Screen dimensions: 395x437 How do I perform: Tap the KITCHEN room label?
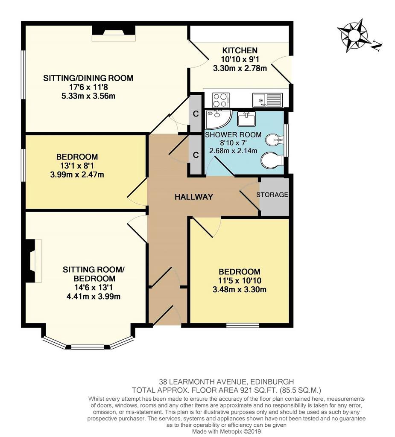pos(240,50)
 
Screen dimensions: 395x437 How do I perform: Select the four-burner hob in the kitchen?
pos(221,100)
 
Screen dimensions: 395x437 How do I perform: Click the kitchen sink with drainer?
pos(267,100)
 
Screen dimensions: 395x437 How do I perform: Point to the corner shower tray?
pos(217,119)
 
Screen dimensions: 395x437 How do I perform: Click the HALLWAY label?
pos(194,197)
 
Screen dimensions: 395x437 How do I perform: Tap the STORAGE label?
pos(272,195)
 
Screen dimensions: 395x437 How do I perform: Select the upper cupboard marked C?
pos(196,114)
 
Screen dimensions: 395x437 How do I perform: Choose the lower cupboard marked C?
pos(196,155)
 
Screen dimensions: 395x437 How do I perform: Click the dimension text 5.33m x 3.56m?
pos(88,96)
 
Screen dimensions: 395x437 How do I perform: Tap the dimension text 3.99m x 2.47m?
pos(77,175)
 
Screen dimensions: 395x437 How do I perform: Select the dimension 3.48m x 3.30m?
pos(239,290)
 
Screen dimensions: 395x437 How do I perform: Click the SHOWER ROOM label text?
pos(233,134)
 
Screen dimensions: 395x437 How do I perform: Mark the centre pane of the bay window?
pos(88,347)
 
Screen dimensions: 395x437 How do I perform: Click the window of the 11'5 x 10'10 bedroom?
pos(243,325)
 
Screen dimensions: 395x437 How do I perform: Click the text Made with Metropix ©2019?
pos(226,431)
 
